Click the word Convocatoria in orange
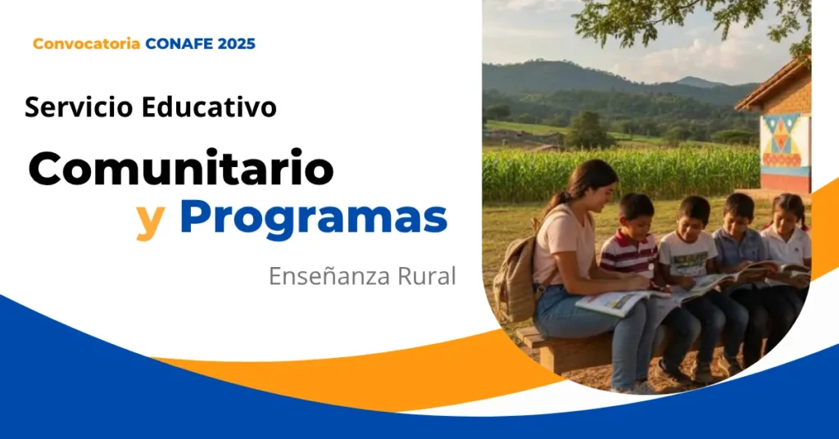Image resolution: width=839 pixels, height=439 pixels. [x=86, y=44]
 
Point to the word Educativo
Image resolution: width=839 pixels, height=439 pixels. [x=209, y=107]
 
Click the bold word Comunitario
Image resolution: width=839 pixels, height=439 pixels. [x=181, y=168]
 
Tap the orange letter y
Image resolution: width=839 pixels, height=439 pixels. [x=150, y=221]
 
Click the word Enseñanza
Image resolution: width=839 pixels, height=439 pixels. [x=329, y=276]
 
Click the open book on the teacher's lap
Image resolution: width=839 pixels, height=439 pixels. [x=621, y=302]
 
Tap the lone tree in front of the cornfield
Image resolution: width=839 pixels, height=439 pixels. [x=588, y=130]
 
